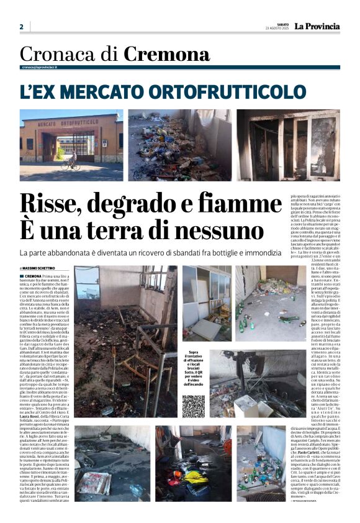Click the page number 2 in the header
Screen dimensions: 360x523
(21, 27)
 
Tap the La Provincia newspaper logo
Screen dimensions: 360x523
(317, 26)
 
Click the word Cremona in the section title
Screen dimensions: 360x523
(158, 54)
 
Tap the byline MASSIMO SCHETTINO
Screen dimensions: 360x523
(43, 268)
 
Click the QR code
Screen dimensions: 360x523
(193, 406)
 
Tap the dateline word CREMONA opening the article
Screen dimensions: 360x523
(34, 276)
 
